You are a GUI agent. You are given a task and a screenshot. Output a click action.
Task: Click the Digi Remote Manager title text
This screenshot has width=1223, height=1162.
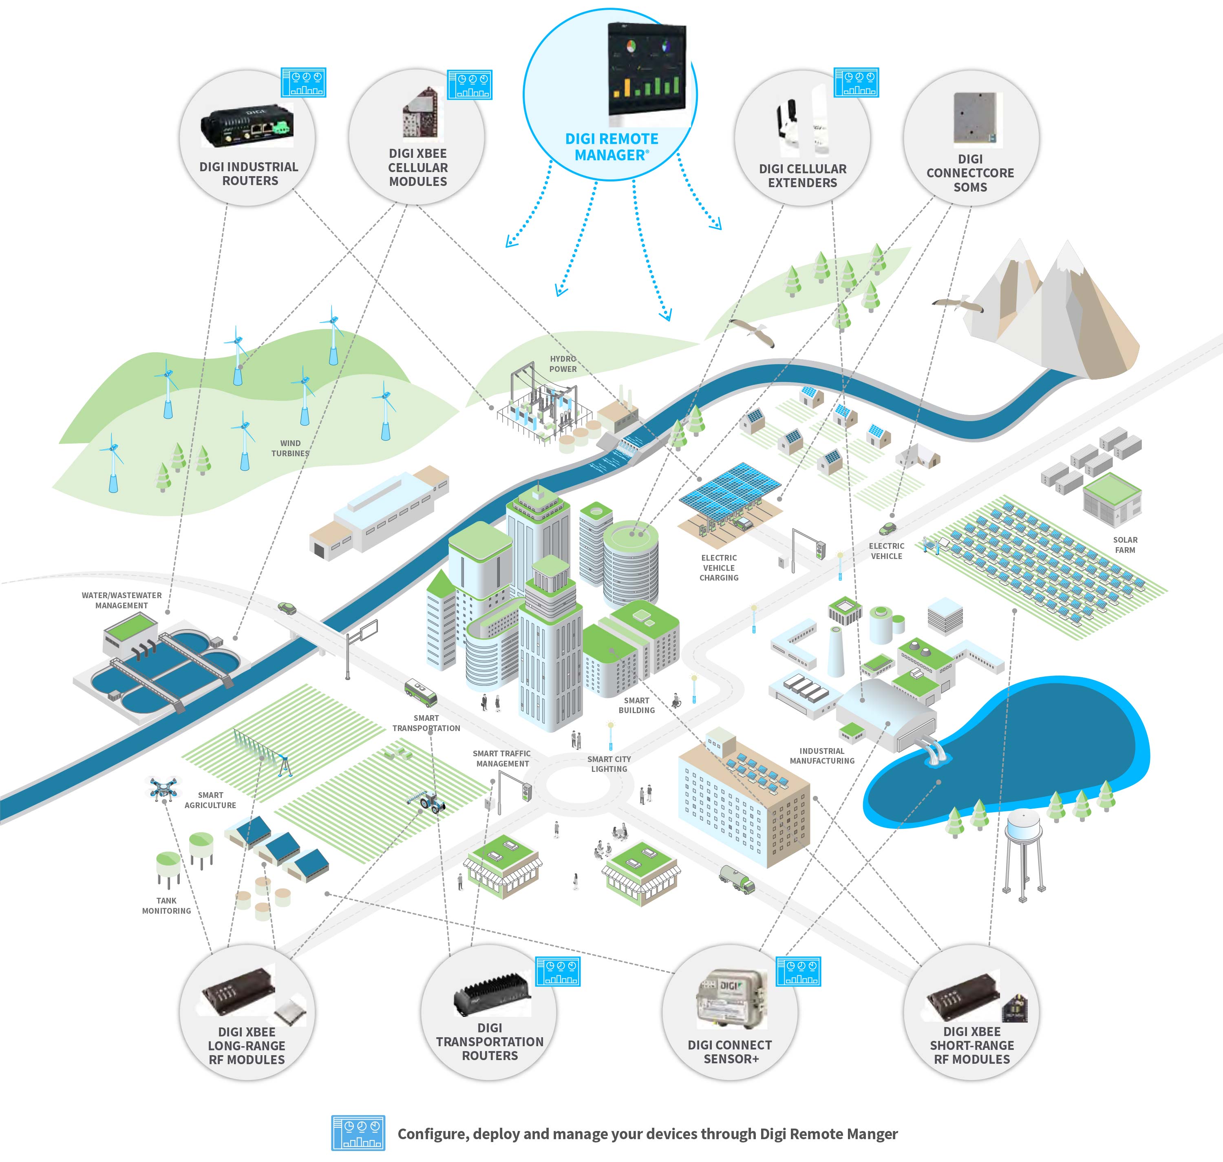click(611, 147)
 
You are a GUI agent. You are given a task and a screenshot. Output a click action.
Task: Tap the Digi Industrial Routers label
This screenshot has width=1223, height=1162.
click(249, 173)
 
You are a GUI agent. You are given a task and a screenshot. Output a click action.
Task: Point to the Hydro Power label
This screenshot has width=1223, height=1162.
click(563, 364)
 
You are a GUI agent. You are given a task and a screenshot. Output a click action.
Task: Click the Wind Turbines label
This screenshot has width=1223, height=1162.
click(290, 448)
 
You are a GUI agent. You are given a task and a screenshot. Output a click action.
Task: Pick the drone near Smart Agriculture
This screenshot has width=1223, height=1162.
click(163, 788)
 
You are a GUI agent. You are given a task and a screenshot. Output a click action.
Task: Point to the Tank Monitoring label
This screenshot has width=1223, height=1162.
click(167, 906)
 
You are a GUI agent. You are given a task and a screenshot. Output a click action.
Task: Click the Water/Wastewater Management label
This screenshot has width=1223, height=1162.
click(121, 600)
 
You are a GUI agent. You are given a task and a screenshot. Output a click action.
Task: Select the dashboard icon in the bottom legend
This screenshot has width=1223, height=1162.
click(358, 1133)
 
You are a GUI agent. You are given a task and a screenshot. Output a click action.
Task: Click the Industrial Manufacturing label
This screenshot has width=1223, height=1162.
click(822, 756)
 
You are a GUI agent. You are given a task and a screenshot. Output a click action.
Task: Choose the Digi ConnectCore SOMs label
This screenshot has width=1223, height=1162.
click(970, 173)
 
